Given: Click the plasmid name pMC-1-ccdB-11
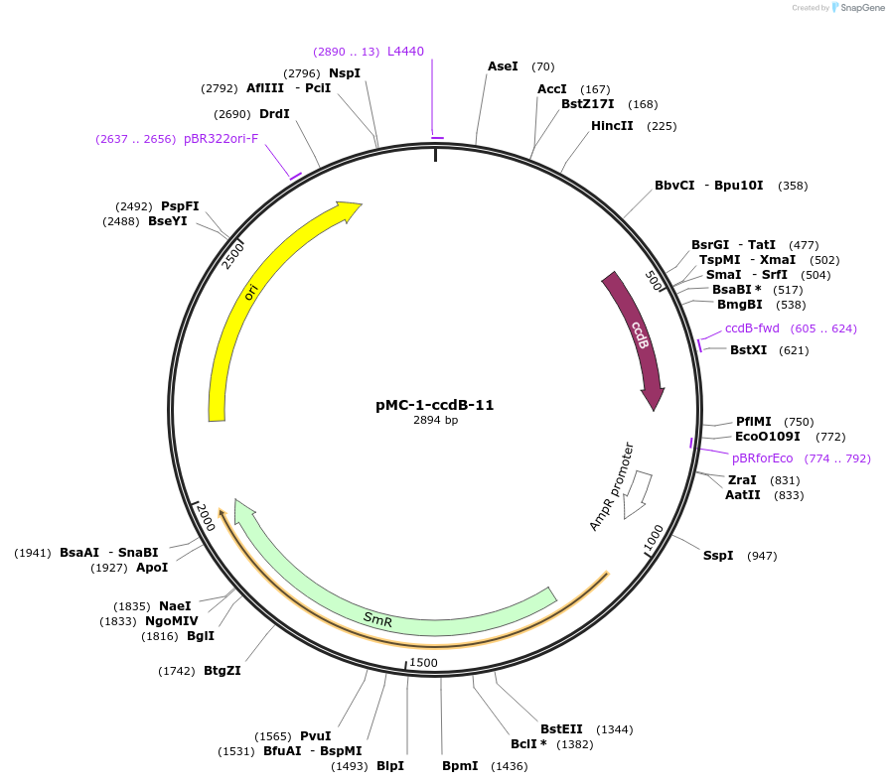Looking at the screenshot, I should click(x=435, y=405).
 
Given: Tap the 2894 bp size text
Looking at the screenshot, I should click(x=435, y=421).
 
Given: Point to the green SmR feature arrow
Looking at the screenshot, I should click(x=377, y=618).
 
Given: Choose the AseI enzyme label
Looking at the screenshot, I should click(x=503, y=66).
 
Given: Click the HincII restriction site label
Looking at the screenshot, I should click(x=612, y=126).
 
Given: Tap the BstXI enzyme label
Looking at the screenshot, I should click(x=749, y=350).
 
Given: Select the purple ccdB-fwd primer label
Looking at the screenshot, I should click(x=752, y=328).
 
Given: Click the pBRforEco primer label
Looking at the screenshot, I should click(x=763, y=458).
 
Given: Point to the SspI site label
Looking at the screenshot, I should click(x=718, y=556).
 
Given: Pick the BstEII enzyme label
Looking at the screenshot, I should click(x=561, y=729).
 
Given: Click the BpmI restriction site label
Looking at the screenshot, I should click(x=460, y=766).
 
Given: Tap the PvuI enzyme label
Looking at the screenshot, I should click(x=315, y=736).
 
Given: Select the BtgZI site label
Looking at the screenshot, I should click(x=222, y=671).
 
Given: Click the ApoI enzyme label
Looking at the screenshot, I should click(x=152, y=568).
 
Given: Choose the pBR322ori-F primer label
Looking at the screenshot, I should click(x=221, y=139).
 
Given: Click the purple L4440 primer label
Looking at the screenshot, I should click(x=405, y=52).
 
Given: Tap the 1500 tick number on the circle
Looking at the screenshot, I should click(x=423, y=663).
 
